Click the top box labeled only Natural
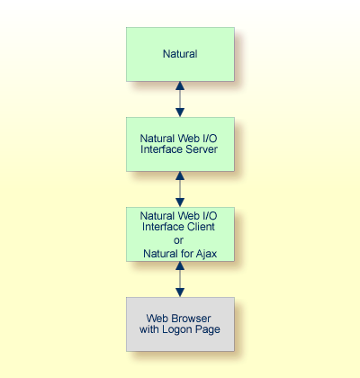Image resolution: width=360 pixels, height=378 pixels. point(180,54)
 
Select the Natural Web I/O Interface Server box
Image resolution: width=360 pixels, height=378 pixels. point(180,144)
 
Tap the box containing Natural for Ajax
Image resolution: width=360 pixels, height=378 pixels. point(180,234)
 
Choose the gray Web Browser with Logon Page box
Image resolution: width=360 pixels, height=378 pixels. point(180,324)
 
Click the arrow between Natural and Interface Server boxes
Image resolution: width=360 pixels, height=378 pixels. point(180,99)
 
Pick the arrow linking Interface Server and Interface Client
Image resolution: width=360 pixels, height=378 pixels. point(180,189)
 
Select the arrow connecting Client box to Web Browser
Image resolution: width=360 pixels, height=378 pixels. point(180,279)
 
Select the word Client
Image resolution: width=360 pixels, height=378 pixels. point(200,228)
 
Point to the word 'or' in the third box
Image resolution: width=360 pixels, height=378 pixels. point(180,240)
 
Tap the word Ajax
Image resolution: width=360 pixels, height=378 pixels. point(205,254)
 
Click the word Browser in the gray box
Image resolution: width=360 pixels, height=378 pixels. point(195,318)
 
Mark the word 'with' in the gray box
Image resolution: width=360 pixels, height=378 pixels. point(153,330)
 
